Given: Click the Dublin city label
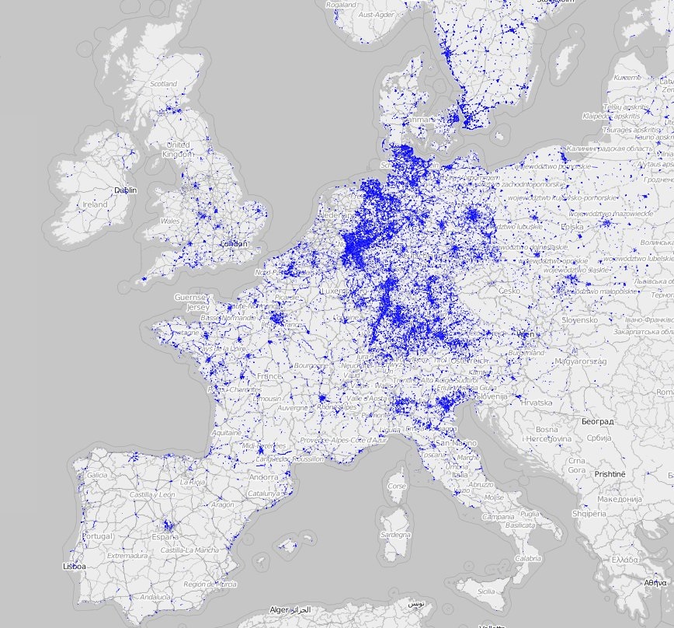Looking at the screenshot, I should [125, 190].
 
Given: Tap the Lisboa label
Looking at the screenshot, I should [75, 567].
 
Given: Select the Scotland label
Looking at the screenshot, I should [163, 84].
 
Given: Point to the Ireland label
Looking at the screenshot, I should [95, 204].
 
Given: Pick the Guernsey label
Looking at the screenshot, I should [191, 298].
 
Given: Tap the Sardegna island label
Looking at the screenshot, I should [395, 536].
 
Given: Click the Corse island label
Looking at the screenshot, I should [397, 487].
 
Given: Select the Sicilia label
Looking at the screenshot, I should [485, 591].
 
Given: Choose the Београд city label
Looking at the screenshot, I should [598, 420].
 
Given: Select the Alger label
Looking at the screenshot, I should [280, 611].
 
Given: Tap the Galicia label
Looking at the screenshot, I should [98, 475].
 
